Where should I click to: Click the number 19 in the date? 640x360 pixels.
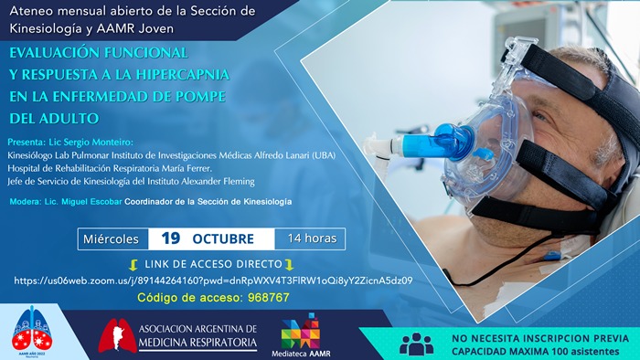(170, 238)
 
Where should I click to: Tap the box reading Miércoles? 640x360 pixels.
(112, 238)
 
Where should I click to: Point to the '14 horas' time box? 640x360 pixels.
(311, 238)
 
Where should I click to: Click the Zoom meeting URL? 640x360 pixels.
(213, 281)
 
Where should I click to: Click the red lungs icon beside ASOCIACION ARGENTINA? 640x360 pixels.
(116, 335)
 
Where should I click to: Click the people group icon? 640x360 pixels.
(417, 344)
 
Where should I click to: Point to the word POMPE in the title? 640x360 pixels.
(197, 96)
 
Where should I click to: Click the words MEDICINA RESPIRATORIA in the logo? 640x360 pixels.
(197, 344)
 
